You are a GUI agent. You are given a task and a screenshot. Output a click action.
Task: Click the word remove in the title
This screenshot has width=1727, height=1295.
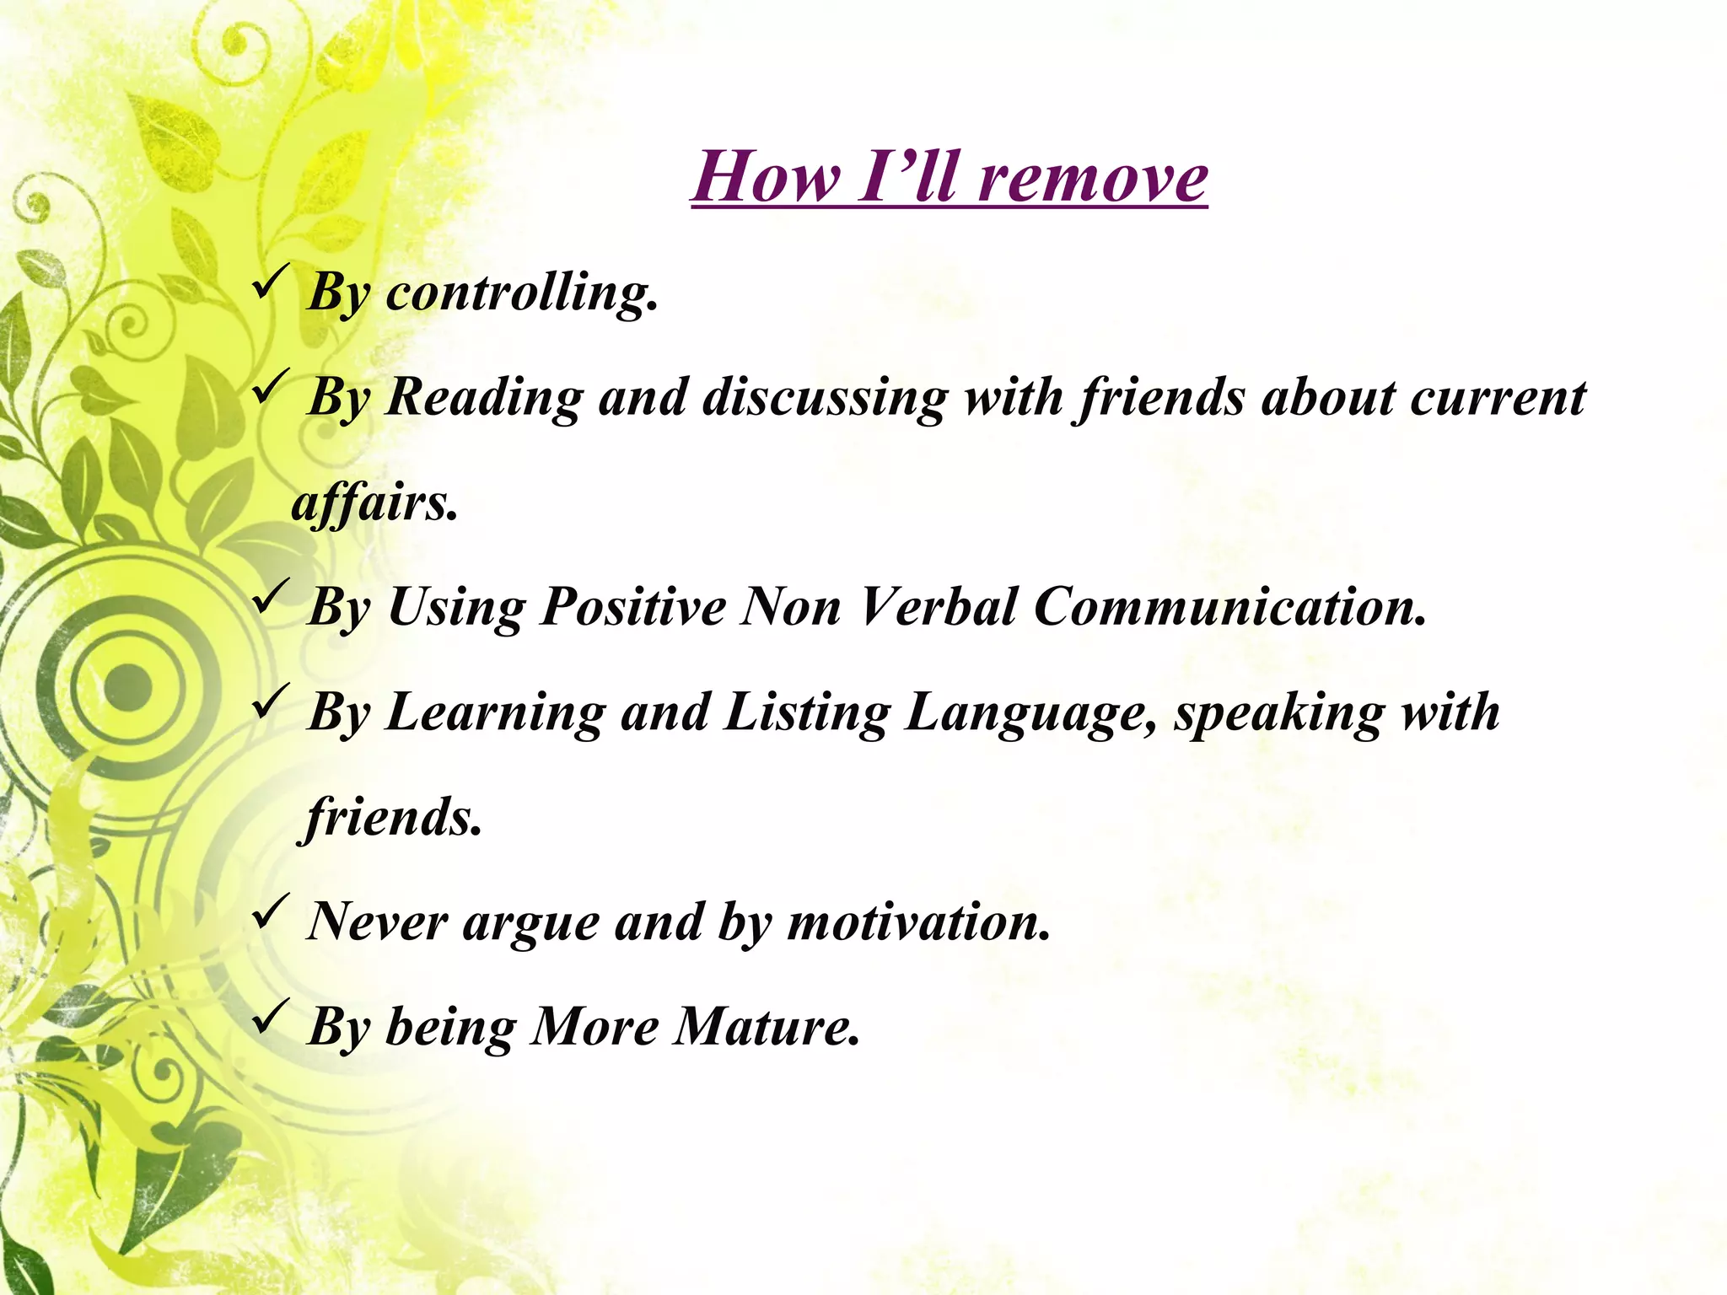point(1094,178)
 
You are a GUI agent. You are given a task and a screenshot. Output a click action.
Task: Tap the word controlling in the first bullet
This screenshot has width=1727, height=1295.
point(521,293)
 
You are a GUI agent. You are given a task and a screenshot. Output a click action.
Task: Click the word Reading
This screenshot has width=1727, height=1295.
point(483,398)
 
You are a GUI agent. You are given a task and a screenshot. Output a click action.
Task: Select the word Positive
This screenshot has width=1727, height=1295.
point(632,607)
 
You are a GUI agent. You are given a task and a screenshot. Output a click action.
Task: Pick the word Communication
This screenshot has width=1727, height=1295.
point(1229,607)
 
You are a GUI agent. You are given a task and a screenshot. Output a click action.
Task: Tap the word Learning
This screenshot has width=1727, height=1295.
point(495,713)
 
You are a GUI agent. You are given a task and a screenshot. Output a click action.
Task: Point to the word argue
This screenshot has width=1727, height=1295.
point(530,922)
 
